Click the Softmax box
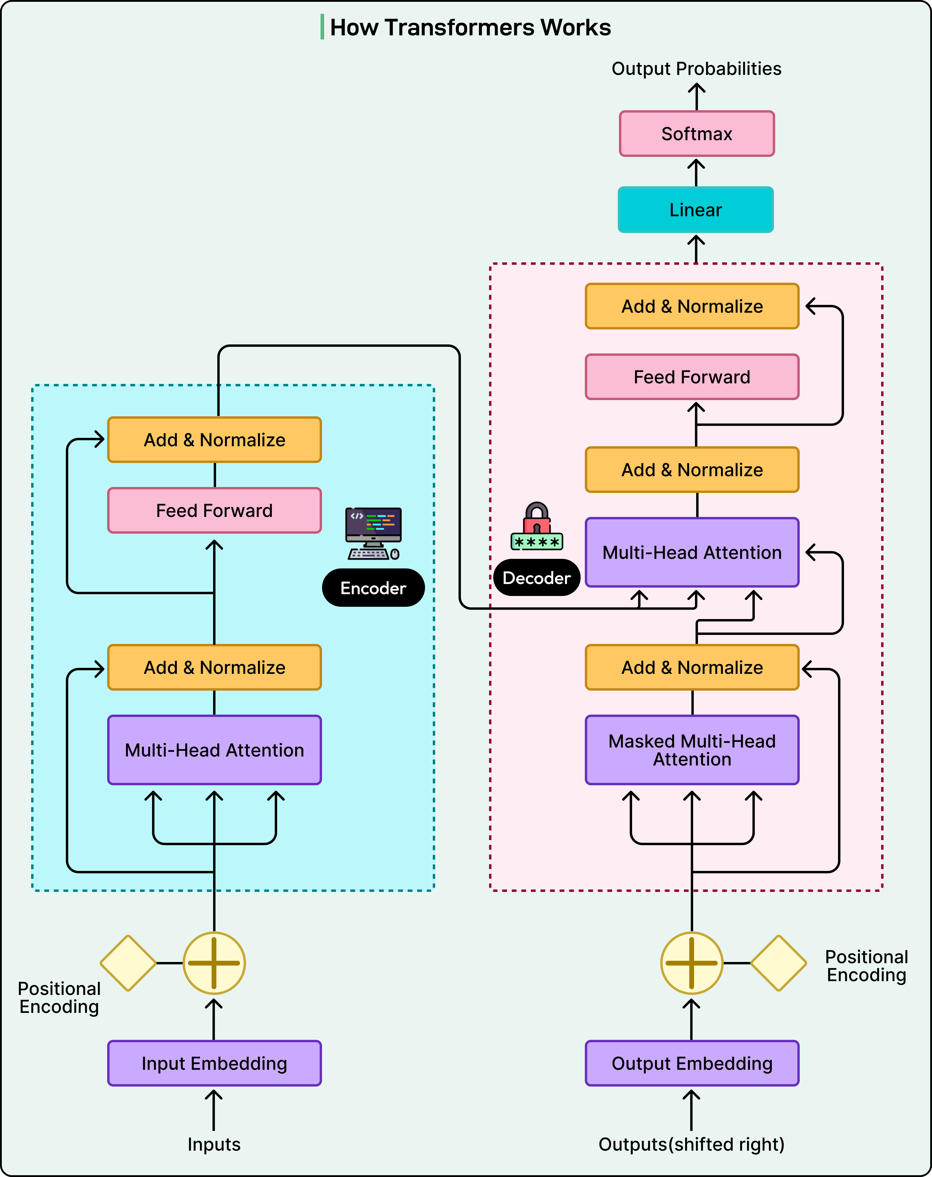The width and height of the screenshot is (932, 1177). click(x=696, y=134)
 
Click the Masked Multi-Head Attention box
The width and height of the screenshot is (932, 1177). click(x=692, y=750)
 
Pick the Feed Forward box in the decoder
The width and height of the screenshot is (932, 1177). click(x=692, y=377)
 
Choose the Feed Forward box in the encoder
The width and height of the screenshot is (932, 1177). click(x=215, y=510)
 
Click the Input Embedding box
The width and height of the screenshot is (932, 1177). click(x=215, y=1063)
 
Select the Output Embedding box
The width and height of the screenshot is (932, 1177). click(x=692, y=1063)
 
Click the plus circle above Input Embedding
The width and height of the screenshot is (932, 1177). click(x=214, y=963)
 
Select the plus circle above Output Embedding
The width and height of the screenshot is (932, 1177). click(x=691, y=963)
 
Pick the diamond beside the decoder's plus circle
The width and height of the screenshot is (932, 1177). click(x=779, y=963)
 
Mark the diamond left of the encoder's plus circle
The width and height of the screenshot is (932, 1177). click(x=128, y=963)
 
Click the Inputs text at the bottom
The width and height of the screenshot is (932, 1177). click(x=214, y=1144)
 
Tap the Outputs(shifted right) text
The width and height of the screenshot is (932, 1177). click(x=691, y=1144)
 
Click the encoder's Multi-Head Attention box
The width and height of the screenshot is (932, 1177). click(x=215, y=750)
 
